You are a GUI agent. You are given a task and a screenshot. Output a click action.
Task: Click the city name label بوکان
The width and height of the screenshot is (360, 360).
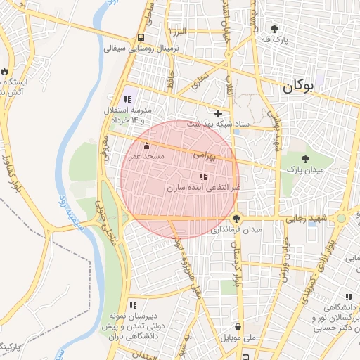coord(297,88)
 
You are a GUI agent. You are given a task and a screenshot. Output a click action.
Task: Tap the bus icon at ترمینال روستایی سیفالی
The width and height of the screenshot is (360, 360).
coord(141,38)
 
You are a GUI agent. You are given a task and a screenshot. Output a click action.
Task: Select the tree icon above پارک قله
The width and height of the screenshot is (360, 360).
coord(274,29)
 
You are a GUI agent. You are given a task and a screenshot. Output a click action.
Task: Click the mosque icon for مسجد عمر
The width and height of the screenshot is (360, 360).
coord(146,146)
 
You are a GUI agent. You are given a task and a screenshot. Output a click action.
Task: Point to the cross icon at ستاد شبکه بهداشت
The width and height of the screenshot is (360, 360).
coord(218,113)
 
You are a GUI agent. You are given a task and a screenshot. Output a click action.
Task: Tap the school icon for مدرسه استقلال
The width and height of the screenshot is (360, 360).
coord(127,100)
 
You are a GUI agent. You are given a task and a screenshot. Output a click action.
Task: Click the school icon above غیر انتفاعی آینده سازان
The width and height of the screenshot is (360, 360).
coord(203,176)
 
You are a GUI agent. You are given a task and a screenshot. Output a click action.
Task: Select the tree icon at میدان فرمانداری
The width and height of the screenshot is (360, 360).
coord(237,219)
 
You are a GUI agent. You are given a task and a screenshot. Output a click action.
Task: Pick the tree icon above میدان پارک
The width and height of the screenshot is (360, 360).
coord(304,159)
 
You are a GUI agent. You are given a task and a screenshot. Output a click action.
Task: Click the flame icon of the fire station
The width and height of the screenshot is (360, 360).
coord(6,72)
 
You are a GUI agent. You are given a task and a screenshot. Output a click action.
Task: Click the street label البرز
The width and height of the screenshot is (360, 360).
coord(178,33)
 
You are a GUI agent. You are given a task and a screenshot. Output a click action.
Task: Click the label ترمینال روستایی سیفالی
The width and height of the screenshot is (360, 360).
coord(143,49)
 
